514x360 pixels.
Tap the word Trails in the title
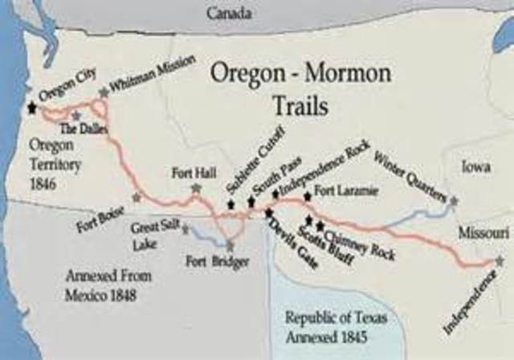click(x=293, y=105)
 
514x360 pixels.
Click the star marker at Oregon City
click(x=32, y=107)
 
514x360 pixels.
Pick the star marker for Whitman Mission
click(x=104, y=93)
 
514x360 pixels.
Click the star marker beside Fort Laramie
click(x=307, y=195)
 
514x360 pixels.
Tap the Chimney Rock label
click(x=352, y=239)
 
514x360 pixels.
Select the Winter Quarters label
click(x=412, y=174)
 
